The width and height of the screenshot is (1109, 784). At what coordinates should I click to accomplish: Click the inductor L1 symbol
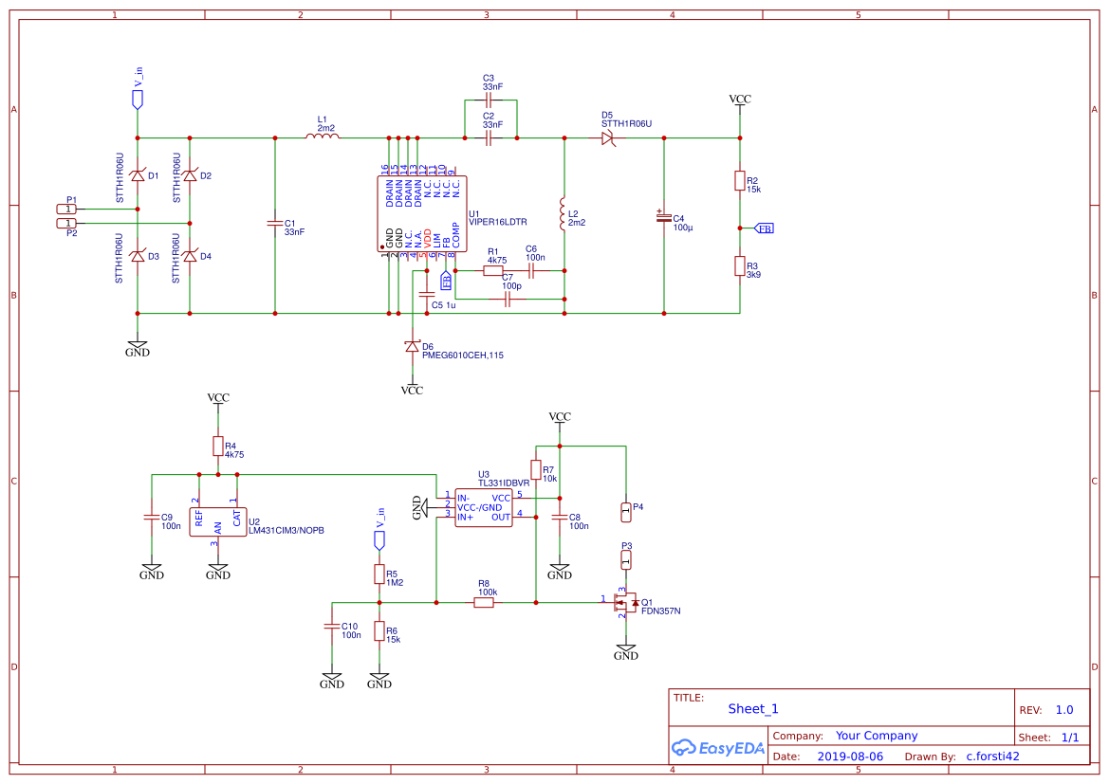coord(323,138)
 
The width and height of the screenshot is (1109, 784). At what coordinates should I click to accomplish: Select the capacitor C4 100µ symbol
coord(663,217)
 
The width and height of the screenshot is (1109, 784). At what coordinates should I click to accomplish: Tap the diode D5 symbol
coord(608,138)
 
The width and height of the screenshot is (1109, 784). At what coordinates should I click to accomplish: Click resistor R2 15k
coord(739,180)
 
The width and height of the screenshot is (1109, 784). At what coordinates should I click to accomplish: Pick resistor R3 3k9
coord(739,266)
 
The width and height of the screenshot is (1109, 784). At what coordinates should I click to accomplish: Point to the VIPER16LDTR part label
coord(498,222)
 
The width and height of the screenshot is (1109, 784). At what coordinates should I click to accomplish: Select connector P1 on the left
coord(67,209)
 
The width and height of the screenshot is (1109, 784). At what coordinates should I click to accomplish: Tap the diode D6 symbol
coord(412,347)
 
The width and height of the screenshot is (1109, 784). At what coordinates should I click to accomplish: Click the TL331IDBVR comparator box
coord(484,507)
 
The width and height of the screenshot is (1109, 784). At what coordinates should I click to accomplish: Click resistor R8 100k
coord(484,601)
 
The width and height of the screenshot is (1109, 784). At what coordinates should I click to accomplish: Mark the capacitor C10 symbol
coord(332,627)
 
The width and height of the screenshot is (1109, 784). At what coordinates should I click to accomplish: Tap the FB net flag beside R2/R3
coord(764,228)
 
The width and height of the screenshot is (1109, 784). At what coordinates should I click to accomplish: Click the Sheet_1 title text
coord(753,708)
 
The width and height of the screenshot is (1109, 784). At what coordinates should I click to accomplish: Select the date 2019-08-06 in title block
coord(849,757)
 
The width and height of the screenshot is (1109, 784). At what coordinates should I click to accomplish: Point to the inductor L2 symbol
coord(564,216)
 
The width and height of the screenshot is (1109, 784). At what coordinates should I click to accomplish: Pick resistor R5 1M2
coord(379,574)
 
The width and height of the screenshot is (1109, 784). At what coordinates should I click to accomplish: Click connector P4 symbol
coord(625,511)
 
